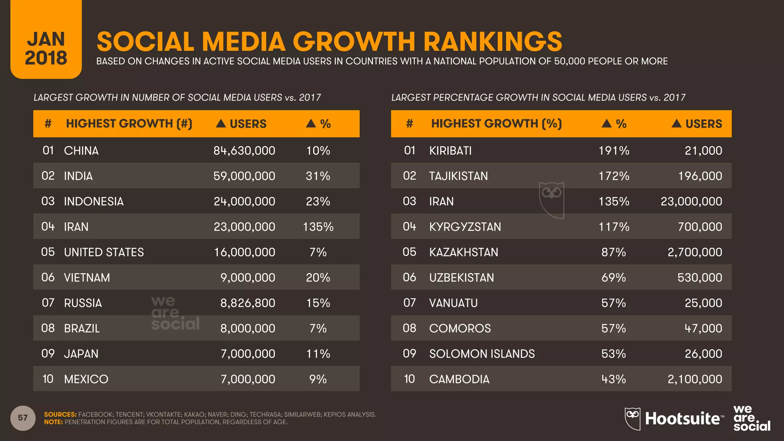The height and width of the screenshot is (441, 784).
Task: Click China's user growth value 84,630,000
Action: [244, 150]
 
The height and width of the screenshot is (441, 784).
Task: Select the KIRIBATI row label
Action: [450, 150]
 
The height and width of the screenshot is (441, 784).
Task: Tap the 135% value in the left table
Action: [318, 227]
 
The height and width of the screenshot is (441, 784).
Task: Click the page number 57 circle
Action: [23, 418]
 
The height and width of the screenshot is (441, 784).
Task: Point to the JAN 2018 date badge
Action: [46, 48]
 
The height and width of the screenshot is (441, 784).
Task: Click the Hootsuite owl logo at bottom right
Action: [632, 418]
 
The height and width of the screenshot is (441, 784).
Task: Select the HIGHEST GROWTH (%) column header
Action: [496, 124]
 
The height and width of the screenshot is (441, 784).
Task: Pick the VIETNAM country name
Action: [87, 278]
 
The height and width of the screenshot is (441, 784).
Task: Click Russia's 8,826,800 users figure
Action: [248, 303]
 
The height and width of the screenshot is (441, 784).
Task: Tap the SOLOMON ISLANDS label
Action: [482, 354]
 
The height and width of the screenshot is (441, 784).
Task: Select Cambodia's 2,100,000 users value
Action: [695, 379]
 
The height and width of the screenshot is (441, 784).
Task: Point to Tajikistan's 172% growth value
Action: [614, 176]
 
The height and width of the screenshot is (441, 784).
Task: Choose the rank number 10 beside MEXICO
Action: [48, 379]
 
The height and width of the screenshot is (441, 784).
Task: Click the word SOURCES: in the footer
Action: [60, 414]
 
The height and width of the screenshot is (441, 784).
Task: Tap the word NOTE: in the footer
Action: [53, 422]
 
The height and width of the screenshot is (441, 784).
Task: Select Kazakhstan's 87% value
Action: [613, 252]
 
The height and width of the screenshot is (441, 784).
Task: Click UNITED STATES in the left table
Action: [104, 252]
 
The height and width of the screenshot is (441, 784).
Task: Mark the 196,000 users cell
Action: [700, 176]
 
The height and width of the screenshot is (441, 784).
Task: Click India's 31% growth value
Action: [318, 176]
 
